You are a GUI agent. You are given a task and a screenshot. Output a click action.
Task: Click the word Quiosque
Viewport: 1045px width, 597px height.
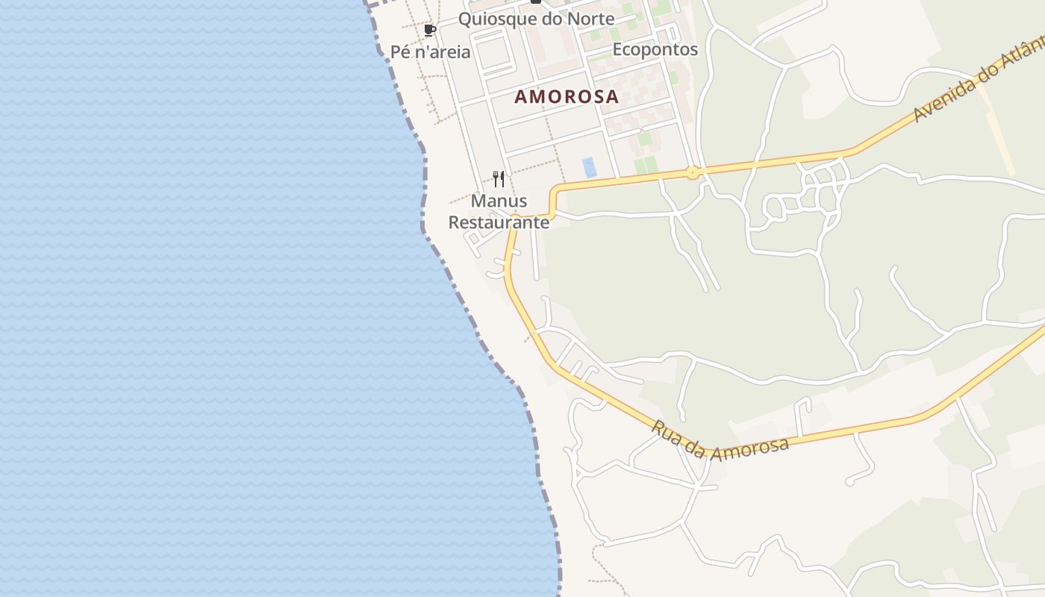[x=496, y=19]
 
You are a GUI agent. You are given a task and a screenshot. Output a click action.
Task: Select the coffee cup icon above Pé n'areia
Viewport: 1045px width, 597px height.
[x=429, y=31]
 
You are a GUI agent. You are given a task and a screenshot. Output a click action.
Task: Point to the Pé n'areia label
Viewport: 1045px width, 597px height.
[x=431, y=52]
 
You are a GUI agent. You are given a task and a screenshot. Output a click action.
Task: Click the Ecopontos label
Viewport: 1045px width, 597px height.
[x=655, y=49]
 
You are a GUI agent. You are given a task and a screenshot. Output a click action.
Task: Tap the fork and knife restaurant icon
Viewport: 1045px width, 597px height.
[x=499, y=179]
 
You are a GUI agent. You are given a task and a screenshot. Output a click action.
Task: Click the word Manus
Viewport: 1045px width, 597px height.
[x=499, y=201]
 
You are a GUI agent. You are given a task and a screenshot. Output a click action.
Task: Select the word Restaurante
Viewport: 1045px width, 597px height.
[x=499, y=222]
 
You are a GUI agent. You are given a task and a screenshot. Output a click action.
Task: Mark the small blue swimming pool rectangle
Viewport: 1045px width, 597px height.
[x=590, y=167]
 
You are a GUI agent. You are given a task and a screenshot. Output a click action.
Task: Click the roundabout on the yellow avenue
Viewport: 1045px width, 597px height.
[x=693, y=173]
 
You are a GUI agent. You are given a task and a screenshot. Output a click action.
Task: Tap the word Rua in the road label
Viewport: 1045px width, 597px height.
[x=667, y=433]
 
